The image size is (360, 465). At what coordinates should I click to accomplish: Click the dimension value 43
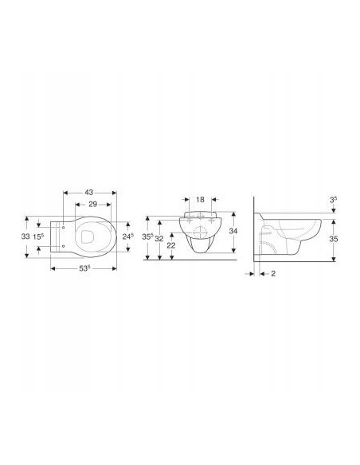coord(89,193)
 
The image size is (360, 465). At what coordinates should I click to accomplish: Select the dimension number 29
coord(93,204)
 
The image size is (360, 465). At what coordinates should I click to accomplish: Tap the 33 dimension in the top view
coord(25,236)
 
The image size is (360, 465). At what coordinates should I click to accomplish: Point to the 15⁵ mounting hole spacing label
coord(38,236)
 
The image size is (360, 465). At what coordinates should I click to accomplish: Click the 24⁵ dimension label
coord(128,236)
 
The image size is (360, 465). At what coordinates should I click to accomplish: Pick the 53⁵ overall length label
coord(84,268)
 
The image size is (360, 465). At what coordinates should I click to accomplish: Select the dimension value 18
coord(201,199)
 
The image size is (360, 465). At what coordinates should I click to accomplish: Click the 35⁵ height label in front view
coord(147,236)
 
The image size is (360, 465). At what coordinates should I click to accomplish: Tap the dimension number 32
coord(159,239)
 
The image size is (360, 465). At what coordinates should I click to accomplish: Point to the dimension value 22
coord(171,245)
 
